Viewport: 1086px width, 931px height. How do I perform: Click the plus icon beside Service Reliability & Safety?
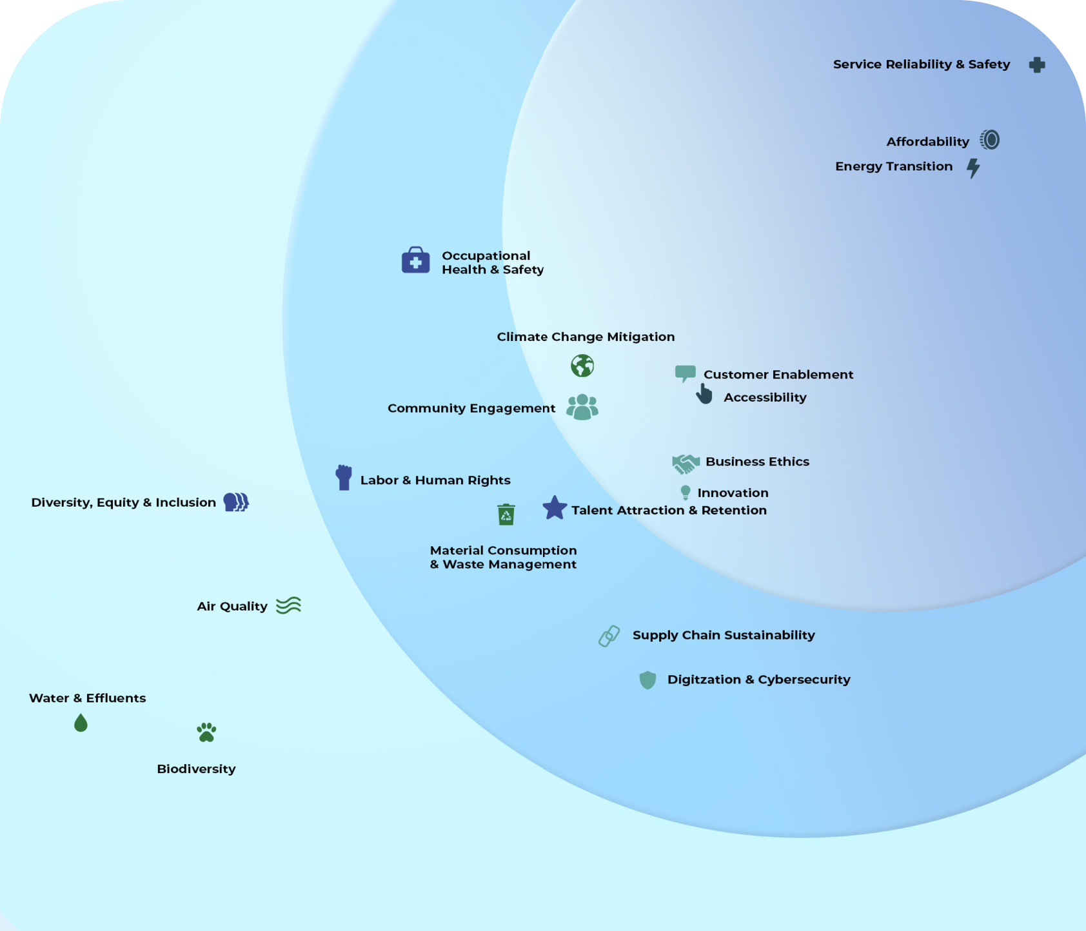click(x=1037, y=64)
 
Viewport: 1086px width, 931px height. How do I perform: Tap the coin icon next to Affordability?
click(x=990, y=140)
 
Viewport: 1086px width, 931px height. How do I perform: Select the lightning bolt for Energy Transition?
click(x=973, y=168)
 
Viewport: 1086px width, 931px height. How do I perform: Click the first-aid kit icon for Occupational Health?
click(x=416, y=260)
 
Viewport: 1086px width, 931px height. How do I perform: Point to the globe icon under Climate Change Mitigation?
click(x=582, y=366)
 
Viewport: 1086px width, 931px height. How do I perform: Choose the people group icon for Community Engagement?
click(x=582, y=407)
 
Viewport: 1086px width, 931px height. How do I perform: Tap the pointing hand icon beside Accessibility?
click(x=704, y=394)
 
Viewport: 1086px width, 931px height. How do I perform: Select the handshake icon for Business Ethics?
click(x=686, y=464)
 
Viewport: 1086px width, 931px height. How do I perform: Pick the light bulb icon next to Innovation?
click(x=686, y=493)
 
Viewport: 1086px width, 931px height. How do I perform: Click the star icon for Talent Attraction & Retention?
click(x=555, y=508)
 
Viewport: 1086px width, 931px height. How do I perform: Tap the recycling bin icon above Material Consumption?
click(x=506, y=514)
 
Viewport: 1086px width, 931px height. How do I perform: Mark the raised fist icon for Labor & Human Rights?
click(x=344, y=478)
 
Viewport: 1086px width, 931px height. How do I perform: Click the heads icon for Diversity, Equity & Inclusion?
click(x=236, y=502)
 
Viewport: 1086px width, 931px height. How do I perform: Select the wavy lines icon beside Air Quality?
click(x=288, y=605)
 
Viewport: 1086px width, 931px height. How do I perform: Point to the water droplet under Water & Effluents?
click(x=81, y=723)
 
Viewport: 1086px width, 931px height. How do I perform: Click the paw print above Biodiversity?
click(x=206, y=732)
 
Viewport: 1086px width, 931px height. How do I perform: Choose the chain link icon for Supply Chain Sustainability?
click(x=609, y=636)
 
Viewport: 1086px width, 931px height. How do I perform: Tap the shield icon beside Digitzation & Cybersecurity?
click(x=647, y=680)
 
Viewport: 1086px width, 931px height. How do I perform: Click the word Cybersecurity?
click(x=804, y=680)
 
